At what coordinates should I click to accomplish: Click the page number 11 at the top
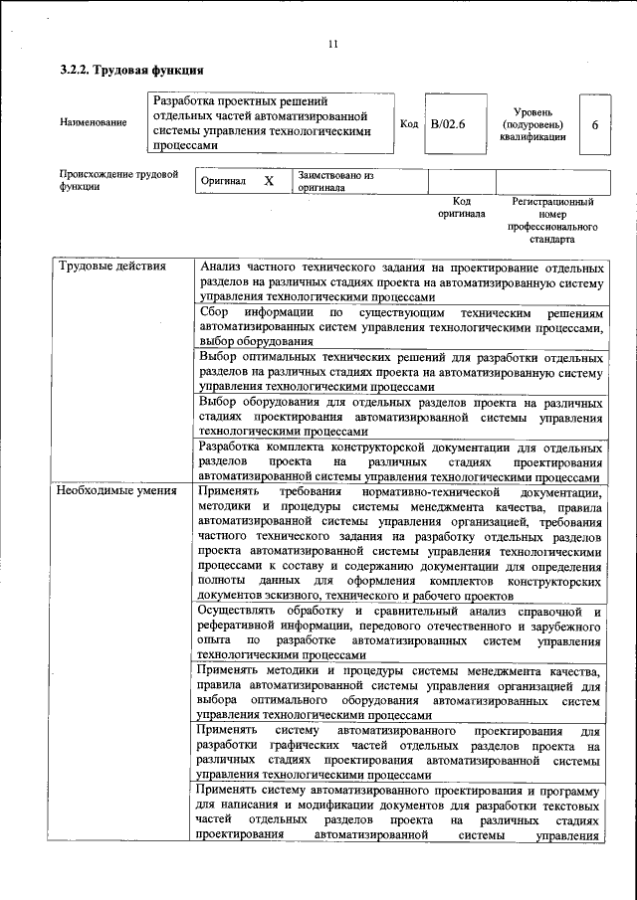[333, 43]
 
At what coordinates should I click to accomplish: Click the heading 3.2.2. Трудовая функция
[131, 70]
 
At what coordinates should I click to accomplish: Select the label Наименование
[94, 122]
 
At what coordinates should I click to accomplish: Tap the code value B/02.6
[448, 124]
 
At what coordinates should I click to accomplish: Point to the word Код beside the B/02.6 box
[408, 124]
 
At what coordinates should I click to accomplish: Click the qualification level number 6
[595, 124]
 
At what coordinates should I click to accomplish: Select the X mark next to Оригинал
[269, 181]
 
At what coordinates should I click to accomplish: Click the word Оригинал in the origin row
[223, 182]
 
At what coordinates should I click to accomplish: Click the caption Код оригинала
[461, 207]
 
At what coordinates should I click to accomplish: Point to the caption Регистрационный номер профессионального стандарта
[552, 220]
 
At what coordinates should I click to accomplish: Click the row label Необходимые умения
[116, 490]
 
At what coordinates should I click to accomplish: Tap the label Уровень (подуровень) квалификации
[533, 124]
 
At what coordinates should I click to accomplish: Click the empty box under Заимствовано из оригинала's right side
[462, 181]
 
